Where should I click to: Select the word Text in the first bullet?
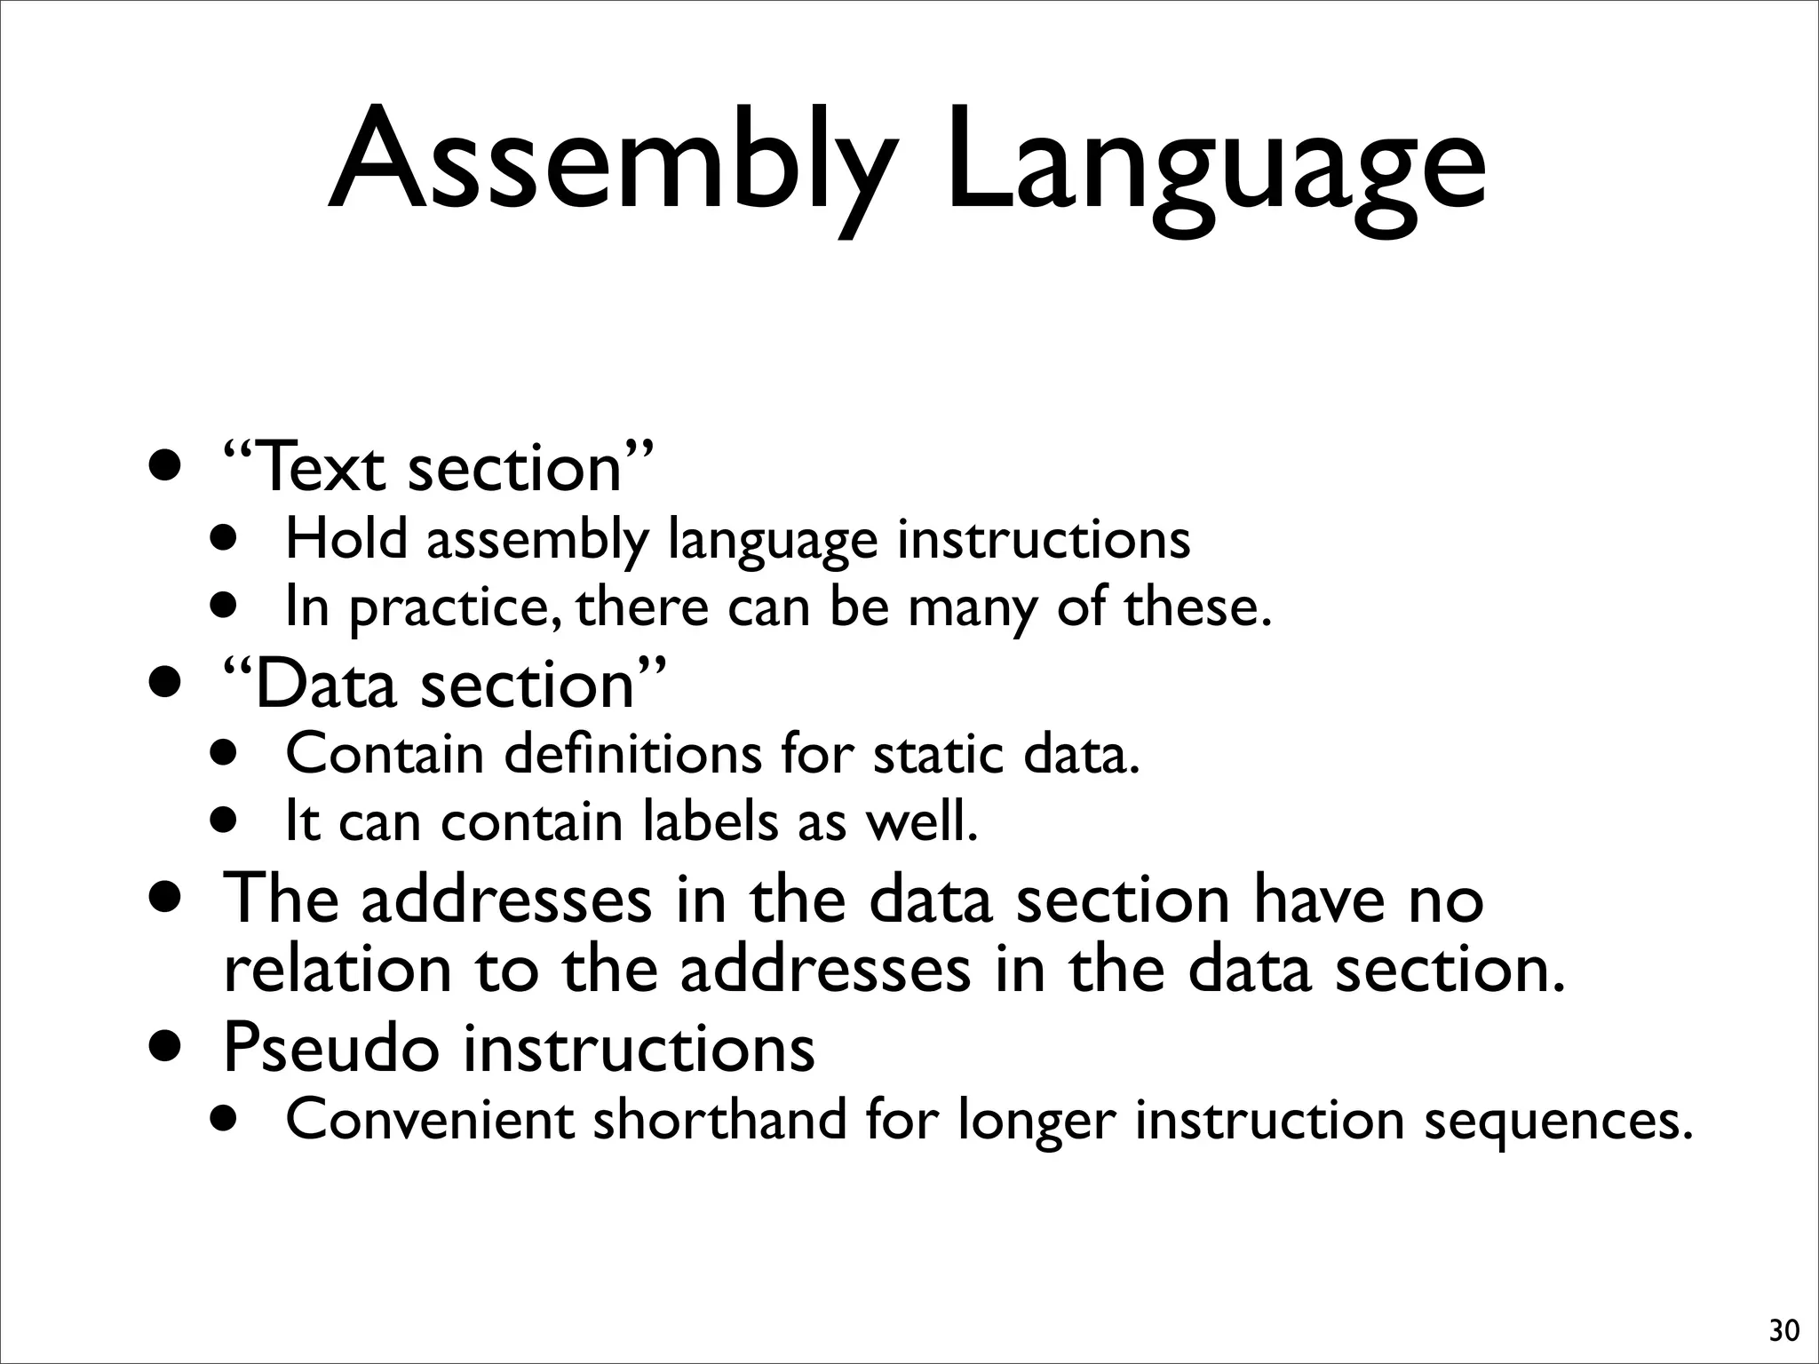[x=322, y=468]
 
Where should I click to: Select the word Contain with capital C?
[x=384, y=755]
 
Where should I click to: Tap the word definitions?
[x=632, y=755]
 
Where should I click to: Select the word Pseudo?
[x=330, y=1048]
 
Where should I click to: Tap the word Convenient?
[x=429, y=1120]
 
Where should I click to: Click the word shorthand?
[x=720, y=1120]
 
